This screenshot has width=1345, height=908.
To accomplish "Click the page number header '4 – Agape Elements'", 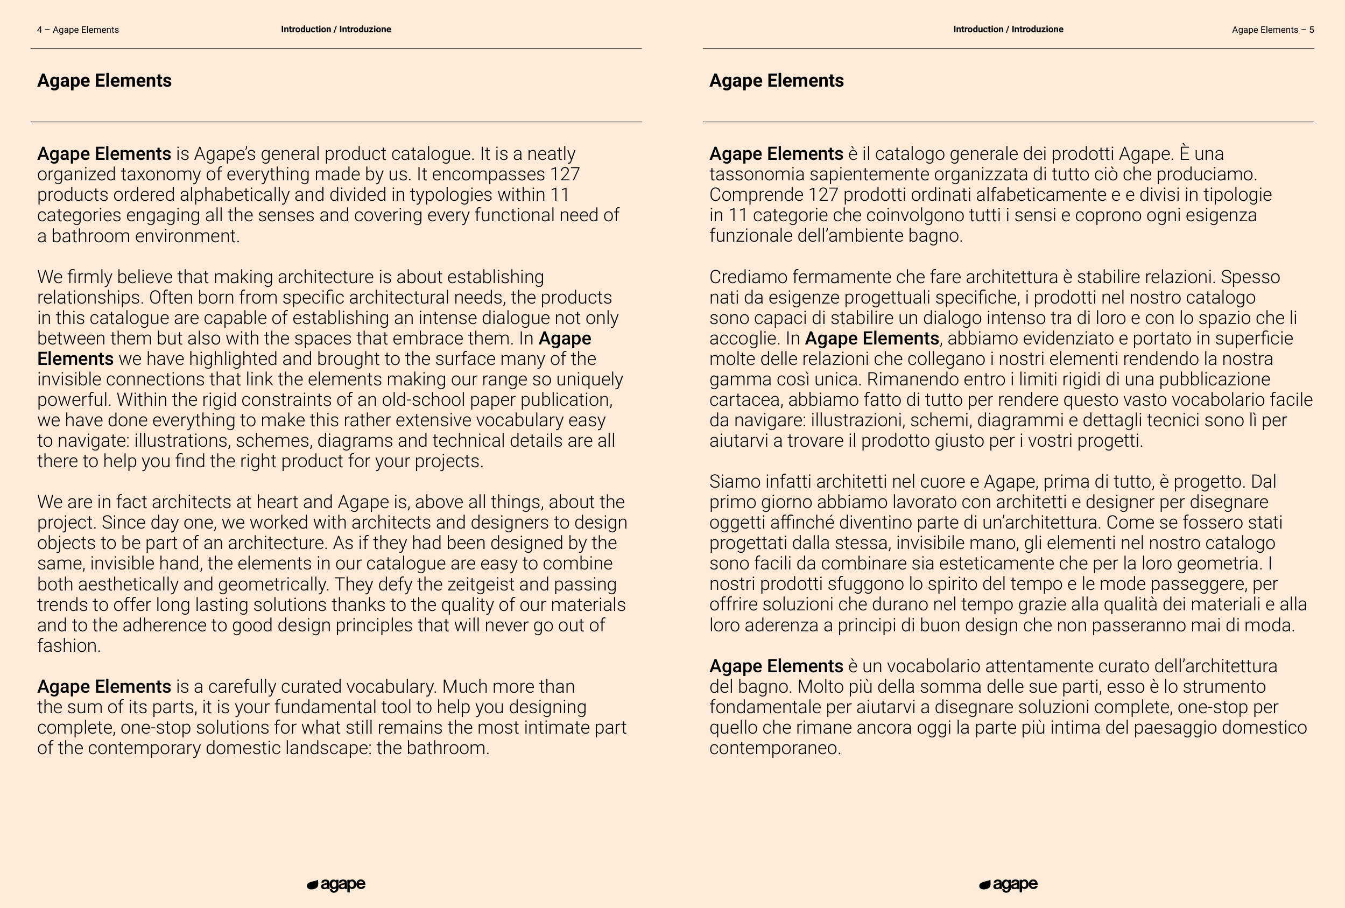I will [x=78, y=30].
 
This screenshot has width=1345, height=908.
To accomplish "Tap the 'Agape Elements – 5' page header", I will [x=1273, y=30].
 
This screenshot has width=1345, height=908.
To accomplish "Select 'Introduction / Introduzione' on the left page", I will [x=336, y=30].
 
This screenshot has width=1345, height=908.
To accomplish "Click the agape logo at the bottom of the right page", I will [x=1008, y=884].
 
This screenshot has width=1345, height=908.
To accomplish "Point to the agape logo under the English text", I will [x=336, y=884].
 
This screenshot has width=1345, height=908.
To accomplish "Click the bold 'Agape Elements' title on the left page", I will [x=104, y=80].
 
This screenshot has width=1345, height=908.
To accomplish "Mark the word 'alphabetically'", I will [x=234, y=194].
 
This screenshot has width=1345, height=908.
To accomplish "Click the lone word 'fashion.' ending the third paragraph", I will [x=69, y=645].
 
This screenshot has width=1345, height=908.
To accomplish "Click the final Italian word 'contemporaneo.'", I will [x=775, y=748].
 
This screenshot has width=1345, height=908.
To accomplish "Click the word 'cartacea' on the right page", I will [x=745, y=400].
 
